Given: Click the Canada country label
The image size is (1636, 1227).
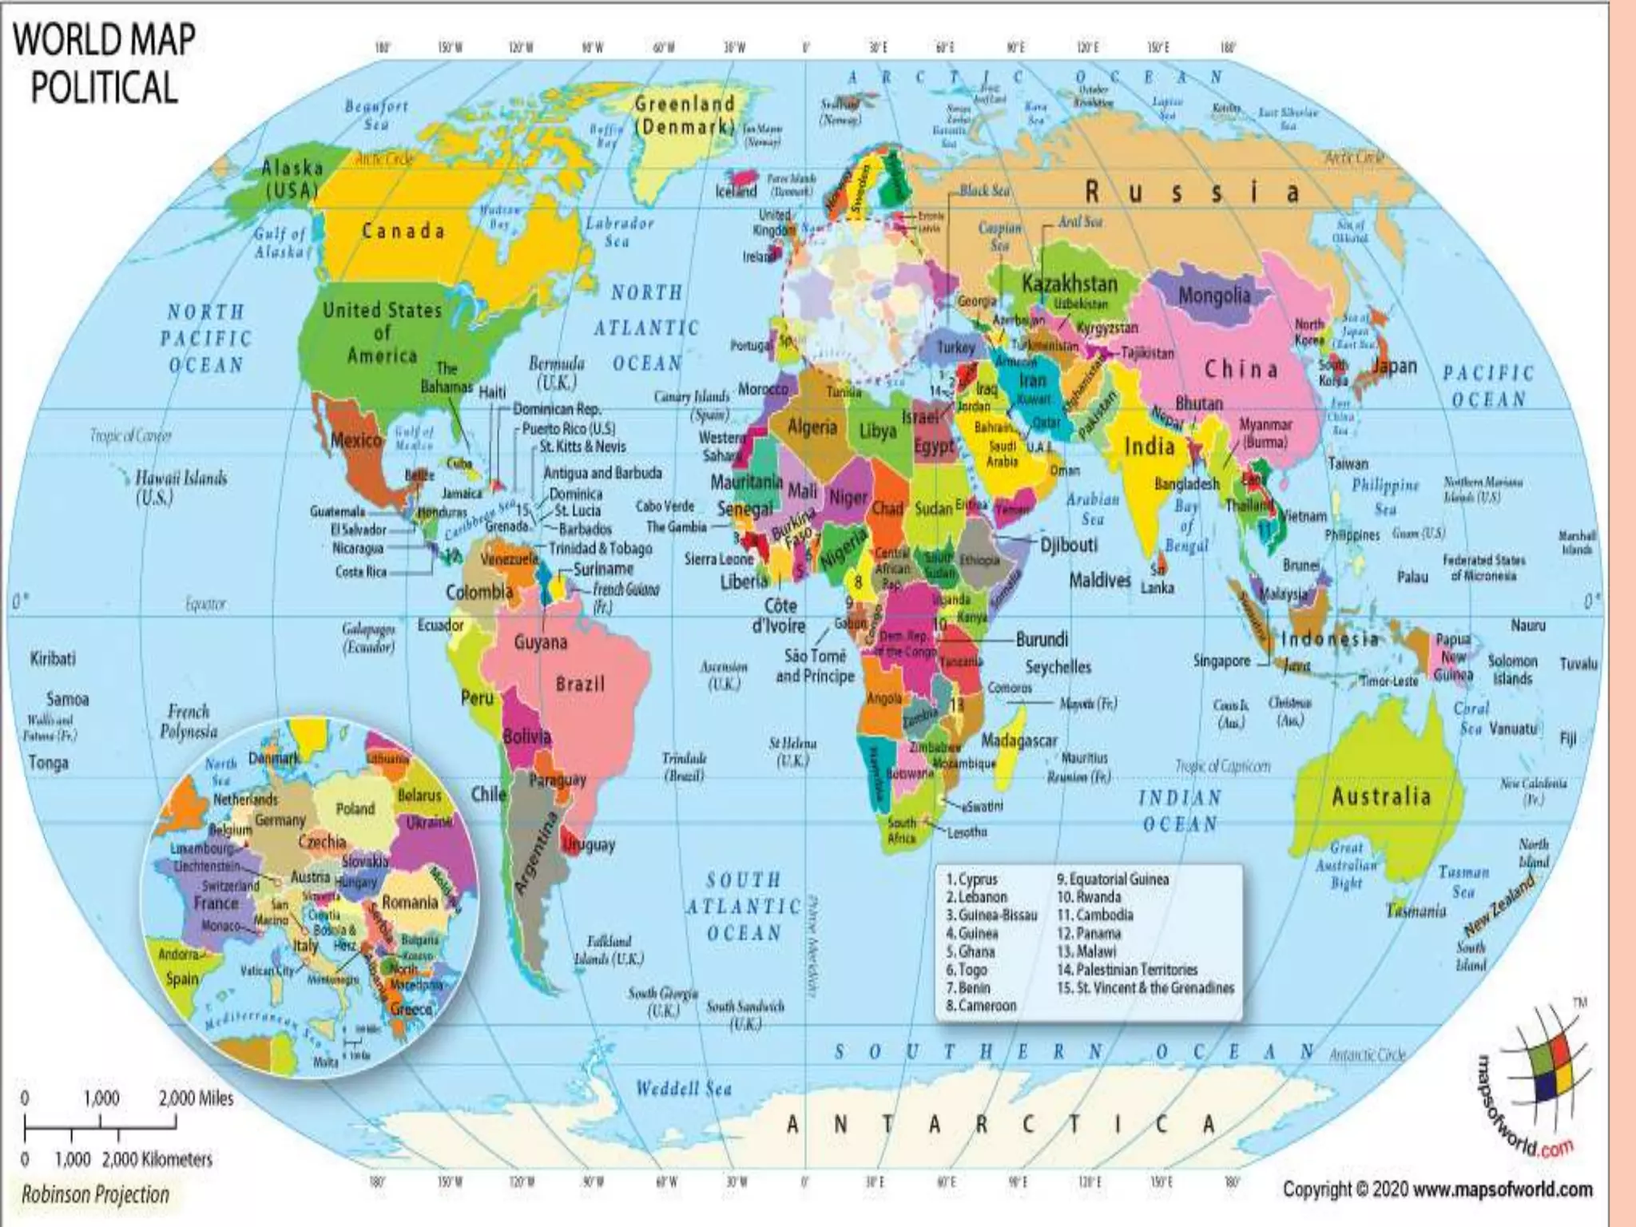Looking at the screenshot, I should (x=403, y=232).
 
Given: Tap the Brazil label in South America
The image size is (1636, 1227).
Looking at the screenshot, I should (x=581, y=685).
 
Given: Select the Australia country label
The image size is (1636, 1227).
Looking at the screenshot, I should (x=1381, y=796).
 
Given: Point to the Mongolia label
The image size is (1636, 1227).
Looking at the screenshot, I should (x=1214, y=296).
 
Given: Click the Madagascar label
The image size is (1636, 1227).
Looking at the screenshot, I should (x=1019, y=741).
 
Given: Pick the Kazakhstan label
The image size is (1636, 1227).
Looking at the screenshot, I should (x=1070, y=283).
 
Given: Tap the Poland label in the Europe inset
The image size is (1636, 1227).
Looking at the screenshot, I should (x=355, y=808).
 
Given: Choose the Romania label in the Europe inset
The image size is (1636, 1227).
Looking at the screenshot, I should (x=410, y=903).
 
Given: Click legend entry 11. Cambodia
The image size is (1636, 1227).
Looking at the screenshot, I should (x=1094, y=915).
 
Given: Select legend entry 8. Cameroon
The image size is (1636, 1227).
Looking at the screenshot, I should (x=981, y=1006).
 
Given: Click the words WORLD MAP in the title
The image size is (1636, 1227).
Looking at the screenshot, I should (x=104, y=40).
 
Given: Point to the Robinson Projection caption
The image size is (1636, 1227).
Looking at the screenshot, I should (x=95, y=1194).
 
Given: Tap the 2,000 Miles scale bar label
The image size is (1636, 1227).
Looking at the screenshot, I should (x=196, y=1098).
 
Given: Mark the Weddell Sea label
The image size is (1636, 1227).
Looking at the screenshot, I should (x=684, y=1089).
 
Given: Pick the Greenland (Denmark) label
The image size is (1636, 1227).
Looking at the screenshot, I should (x=685, y=115).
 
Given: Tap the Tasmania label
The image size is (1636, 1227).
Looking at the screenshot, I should (x=1416, y=910).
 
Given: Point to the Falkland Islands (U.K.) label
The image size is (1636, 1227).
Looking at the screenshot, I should (x=609, y=950).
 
